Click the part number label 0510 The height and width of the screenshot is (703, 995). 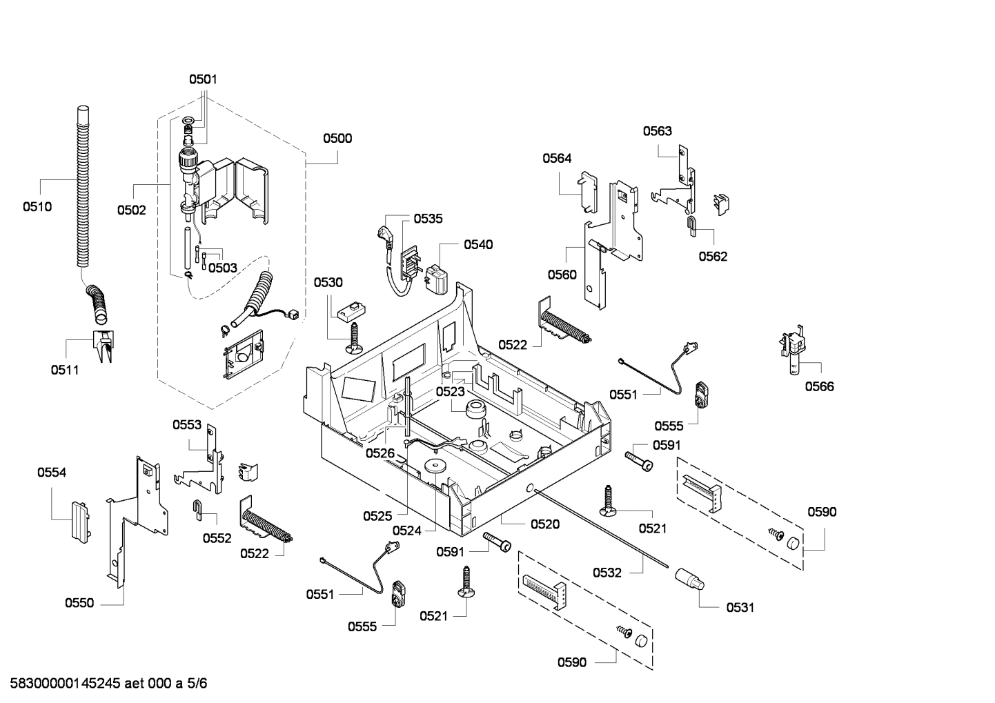click(x=37, y=206)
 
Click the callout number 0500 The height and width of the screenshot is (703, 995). click(x=337, y=138)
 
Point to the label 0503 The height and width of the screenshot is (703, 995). click(x=223, y=267)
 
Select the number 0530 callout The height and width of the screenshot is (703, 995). click(x=328, y=282)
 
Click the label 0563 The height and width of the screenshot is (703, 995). click(x=657, y=131)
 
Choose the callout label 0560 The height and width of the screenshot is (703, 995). click(x=562, y=275)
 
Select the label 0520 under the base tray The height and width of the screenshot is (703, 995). click(x=545, y=524)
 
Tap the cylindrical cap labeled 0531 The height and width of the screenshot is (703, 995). click(x=689, y=578)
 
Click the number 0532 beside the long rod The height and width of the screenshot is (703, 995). click(x=607, y=572)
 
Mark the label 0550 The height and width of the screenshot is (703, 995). click(x=79, y=603)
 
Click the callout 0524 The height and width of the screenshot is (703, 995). click(x=406, y=531)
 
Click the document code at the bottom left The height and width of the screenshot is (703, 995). click(x=104, y=684)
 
